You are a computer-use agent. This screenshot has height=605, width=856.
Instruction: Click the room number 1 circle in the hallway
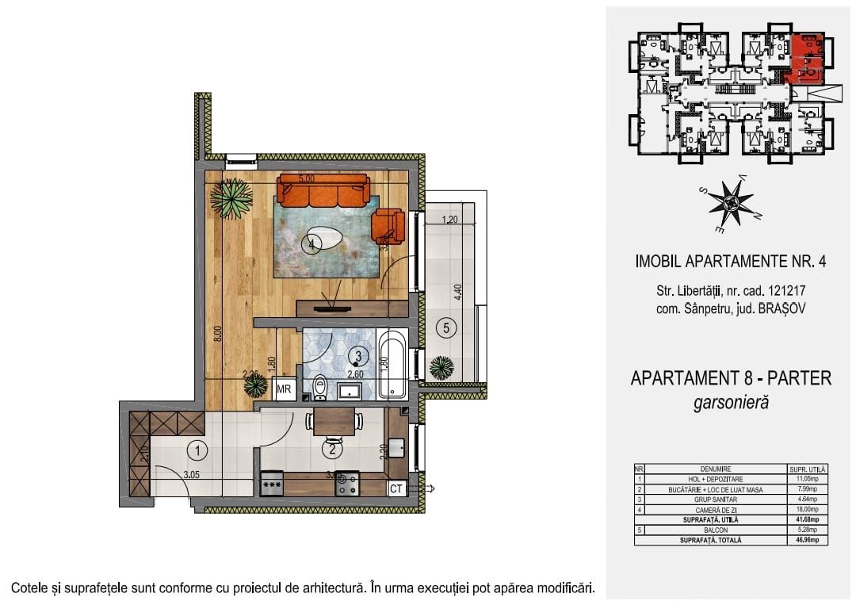coord(196,450)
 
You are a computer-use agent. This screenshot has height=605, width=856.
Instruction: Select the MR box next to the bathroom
coord(284,389)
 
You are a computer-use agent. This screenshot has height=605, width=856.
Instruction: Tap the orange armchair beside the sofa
coord(388,224)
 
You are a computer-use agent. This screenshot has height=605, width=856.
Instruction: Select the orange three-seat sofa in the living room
coord(323,191)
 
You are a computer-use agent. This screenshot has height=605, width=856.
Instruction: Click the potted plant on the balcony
coord(442,368)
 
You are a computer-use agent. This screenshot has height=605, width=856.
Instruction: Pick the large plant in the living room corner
coord(231,198)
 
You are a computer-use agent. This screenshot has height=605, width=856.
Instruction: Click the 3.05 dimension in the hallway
coord(191,476)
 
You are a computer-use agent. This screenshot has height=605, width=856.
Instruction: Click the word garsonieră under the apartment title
coord(730,403)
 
